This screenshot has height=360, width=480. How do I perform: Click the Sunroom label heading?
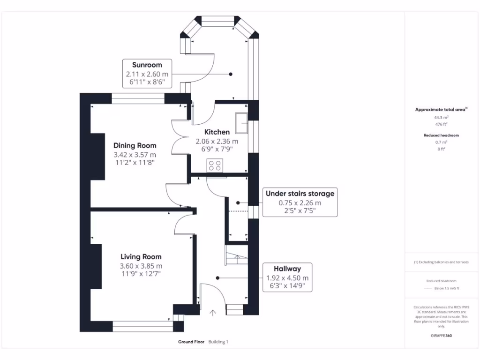[147, 65]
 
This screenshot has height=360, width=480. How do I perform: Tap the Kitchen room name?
[217, 132]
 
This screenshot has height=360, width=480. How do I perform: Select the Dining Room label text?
[135, 145]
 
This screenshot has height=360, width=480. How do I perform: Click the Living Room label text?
[141, 256]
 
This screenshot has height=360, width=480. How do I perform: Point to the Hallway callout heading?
[287, 269]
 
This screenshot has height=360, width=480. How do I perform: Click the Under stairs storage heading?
[300, 193]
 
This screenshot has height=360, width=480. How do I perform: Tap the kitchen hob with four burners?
[215, 165]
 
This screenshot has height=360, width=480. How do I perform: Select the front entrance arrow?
[213, 313]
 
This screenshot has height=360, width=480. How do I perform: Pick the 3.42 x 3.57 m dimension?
[135, 154]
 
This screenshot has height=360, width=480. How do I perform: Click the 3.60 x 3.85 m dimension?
[141, 266]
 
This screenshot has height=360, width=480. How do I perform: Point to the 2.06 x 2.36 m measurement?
[217, 141]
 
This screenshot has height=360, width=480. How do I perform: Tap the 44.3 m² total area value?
[441, 118]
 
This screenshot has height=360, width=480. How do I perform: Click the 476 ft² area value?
[441, 124]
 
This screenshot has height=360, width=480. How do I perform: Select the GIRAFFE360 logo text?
[441, 336]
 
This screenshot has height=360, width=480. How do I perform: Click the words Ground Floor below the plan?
[191, 342]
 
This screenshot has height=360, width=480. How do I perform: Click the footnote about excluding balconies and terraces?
[441, 262]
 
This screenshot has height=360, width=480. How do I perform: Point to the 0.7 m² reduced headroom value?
[441, 142]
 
